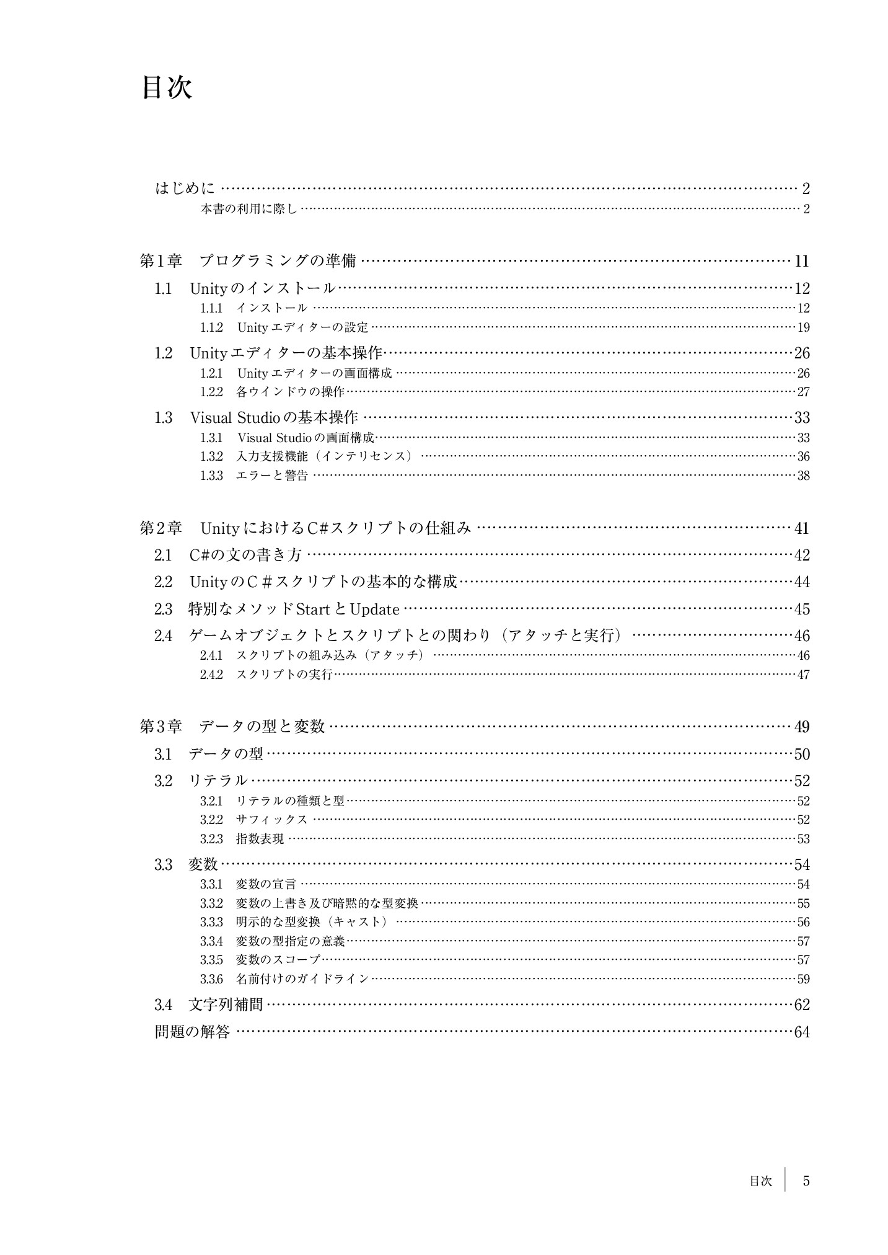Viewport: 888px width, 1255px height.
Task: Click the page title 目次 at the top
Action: point(167,88)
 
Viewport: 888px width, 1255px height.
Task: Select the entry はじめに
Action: point(185,188)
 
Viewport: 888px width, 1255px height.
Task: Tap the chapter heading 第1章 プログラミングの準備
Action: point(248,261)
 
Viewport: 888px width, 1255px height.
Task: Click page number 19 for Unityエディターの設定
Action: point(803,327)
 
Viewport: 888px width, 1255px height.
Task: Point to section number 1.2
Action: point(163,353)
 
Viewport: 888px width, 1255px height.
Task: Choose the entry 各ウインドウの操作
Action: point(290,392)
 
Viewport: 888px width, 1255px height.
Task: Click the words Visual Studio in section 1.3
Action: point(231,417)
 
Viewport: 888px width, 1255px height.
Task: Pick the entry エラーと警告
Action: point(272,476)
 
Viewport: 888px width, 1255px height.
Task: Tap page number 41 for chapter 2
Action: point(801,528)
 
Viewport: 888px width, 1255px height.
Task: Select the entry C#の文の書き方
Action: point(245,556)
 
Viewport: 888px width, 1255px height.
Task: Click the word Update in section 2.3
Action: point(374,610)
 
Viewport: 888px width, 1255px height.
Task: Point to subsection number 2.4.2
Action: point(211,674)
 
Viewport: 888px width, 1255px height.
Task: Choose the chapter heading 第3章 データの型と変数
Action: point(232,727)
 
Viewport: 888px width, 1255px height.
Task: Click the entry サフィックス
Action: point(272,820)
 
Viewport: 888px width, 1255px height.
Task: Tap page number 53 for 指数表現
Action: point(803,839)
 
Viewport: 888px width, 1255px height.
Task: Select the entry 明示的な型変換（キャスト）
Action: point(312,922)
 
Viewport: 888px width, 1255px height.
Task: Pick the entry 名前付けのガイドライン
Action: point(302,979)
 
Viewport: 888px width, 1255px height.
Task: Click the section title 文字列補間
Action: point(226,1004)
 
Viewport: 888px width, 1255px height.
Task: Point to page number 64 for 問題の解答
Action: point(802,1032)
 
